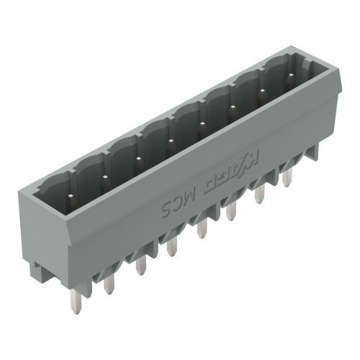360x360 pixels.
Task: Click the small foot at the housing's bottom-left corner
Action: (36, 271)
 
